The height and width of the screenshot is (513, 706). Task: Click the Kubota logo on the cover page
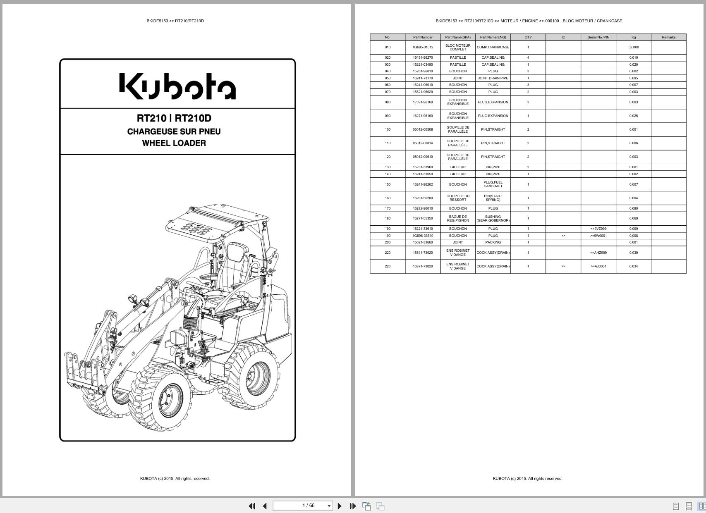click(177, 86)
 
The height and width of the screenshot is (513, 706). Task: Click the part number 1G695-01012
click(423, 47)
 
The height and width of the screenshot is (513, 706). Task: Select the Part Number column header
click(423, 37)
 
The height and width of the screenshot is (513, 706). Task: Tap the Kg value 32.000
click(633, 47)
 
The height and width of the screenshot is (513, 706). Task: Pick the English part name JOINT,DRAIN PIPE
click(493, 78)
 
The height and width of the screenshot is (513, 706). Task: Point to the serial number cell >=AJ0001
click(598, 266)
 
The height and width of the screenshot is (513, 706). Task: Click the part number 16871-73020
click(423, 266)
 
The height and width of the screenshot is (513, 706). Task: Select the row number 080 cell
click(388, 102)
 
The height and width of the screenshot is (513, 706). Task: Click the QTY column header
click(528, 37)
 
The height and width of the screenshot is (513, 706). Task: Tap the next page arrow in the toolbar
click(340, 506)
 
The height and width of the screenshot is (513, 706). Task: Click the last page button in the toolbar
click(353, 506)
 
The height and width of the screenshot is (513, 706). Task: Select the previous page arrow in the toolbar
click(265, 506)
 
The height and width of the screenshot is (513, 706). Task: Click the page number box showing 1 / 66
click(303, 506)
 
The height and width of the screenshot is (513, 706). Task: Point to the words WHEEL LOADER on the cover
click(174, 143)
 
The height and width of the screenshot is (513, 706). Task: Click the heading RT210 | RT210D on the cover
click(174, 118)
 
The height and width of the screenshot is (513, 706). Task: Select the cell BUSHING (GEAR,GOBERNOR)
click(493, 218)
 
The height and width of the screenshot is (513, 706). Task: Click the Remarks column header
click(668, 37)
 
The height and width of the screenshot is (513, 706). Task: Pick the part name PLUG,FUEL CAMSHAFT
click(493, 184)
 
